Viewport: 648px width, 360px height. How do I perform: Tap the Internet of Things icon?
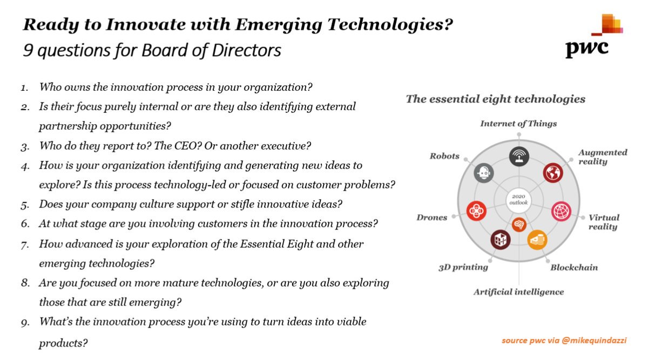[519, 157]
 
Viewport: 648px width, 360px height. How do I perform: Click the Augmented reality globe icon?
[553, 173]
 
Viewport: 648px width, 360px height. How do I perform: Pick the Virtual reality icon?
[562, 210]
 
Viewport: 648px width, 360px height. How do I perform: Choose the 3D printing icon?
[501, 239]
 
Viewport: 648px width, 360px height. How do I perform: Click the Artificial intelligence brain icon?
[519, 223]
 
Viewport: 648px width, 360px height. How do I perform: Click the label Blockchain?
[573, 267]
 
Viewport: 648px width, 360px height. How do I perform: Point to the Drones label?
[432, 218]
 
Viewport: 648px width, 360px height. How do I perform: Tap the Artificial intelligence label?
[518, 292]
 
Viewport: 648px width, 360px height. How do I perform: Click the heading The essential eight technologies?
[495, 99]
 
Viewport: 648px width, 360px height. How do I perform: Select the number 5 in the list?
[25, 205]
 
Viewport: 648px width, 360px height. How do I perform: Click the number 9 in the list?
[25, 323]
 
